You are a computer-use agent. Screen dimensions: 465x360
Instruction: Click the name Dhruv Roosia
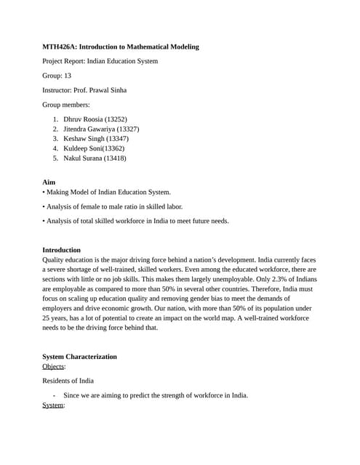tap(83, 118)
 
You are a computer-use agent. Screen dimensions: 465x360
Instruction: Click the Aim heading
tap(49, 182)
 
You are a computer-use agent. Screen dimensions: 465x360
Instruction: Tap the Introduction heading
tap(61, 250)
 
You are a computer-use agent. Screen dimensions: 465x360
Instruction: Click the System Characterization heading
tap(79, 357)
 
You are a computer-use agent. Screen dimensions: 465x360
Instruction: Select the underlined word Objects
tap(53, 366)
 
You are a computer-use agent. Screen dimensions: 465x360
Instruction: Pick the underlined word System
tap(53, 405)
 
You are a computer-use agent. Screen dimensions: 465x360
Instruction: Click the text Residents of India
tap(68, 381)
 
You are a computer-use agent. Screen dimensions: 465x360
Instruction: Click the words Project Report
tap(63, 61)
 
